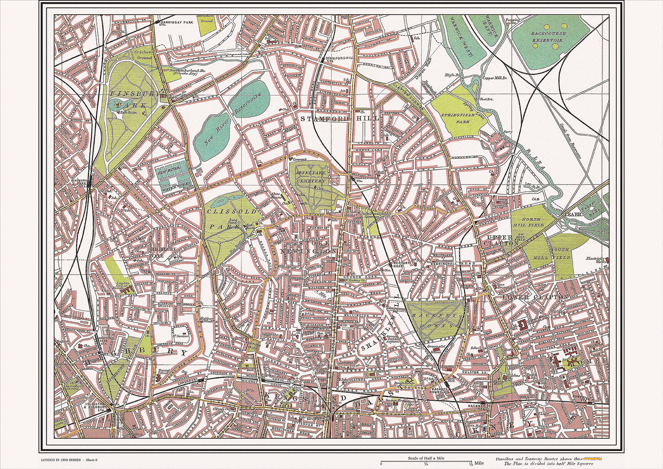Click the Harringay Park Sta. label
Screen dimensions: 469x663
(174, 23)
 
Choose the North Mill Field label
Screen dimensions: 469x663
(531, 222)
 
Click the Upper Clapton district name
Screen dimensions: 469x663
(503, 240)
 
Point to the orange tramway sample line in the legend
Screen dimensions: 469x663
(594, 458)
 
